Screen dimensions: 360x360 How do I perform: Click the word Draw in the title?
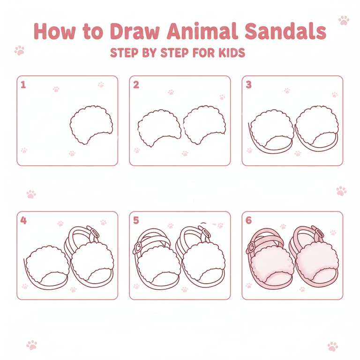tap(135, 31)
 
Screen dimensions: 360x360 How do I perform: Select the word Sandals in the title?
tap(285, 31)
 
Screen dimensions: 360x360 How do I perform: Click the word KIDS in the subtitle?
tap(232, 53)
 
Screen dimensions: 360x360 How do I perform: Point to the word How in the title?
tap(55, 31)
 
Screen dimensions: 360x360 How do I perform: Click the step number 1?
tap(23, 85)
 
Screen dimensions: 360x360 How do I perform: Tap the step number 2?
tap(136, 85)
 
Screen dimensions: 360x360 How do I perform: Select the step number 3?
tap(248, 85)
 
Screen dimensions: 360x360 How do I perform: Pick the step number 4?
tap(23, 220)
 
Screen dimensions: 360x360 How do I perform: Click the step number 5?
tap(136, 220)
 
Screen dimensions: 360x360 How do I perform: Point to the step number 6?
tap(248, 220)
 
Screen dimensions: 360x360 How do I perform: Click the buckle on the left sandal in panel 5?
tap(138, 247)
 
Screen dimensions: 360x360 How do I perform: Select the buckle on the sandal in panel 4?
tap(95, 233)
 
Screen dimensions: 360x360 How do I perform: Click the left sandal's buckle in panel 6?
tap(251, 247)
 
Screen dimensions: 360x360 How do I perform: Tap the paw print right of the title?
tap(344, 20)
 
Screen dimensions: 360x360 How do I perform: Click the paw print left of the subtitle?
tap(19, 50)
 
